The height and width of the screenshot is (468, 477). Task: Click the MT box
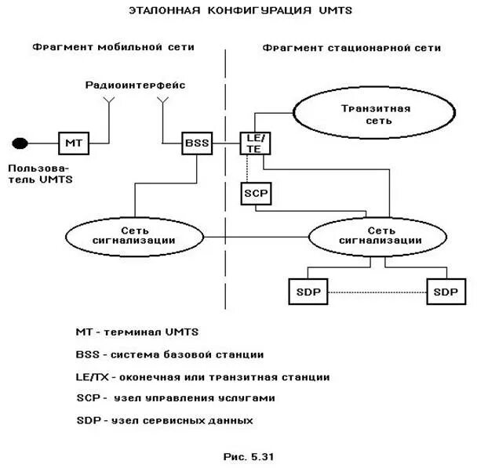tap(73, 143)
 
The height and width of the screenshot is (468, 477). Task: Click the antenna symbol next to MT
tap(109, 101)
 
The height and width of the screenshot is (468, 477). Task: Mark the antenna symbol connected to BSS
tap(162, 101)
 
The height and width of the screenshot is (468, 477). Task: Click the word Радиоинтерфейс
tap(135, 83)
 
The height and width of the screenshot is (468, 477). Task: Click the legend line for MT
tap(135, 332)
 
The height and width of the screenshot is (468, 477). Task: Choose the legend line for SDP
tap(165, 420)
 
